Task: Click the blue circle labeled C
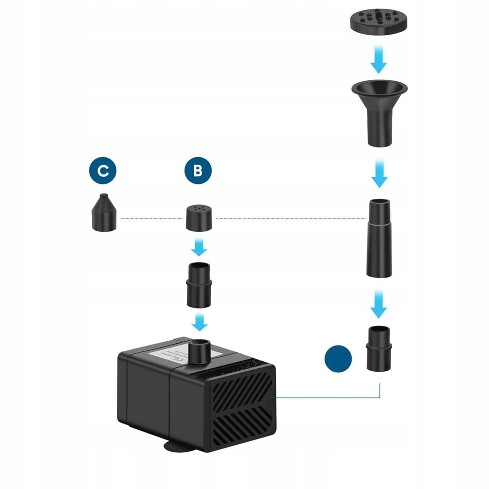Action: coord(103,170)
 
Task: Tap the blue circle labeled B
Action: coord(198,170)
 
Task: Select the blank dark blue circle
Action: coord(338,359)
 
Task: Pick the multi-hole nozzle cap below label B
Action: coord(199,218)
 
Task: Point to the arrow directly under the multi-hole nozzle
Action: coord(199,247)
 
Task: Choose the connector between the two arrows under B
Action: coord(199,285)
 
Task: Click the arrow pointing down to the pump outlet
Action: coord(200,322)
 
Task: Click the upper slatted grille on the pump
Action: coord(241,390)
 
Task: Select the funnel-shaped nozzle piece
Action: coord(379,111)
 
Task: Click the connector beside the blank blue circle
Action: coord(379,348)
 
